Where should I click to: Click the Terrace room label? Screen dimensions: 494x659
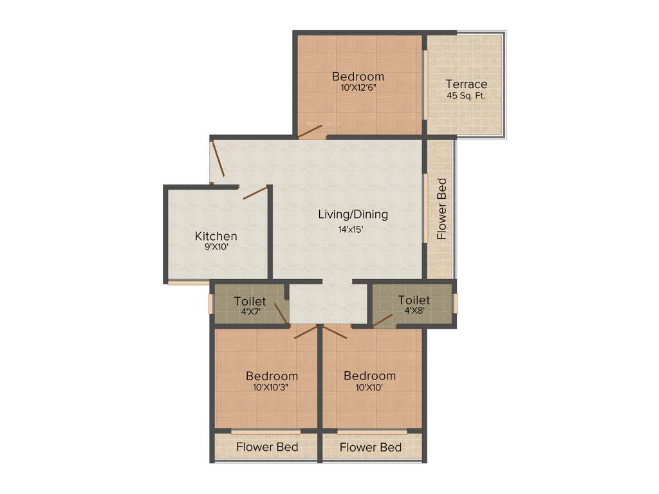coord(467,84)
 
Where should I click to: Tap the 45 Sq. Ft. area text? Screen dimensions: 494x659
coord(467,96)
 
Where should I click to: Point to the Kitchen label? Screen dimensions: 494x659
coord(216,236)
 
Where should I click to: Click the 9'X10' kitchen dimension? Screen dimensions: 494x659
coord(216,248)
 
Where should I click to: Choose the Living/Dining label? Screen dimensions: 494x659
coord(353,214)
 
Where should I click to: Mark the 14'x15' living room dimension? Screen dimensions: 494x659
coord(353,227)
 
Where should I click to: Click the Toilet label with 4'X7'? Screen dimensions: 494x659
coord(250,301)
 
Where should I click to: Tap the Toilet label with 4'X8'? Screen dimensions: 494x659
coord(414,300)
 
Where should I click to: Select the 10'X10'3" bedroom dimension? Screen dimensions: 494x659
coord(272,387)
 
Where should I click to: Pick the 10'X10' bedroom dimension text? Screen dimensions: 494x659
coord(369,387)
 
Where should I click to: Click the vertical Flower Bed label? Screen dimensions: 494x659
coord(442,208)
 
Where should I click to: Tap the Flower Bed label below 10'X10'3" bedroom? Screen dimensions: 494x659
coord(267,446)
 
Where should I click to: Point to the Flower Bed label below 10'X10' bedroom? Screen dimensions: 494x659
coord(371,446)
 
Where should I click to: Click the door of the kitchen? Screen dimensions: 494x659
coord(255,192)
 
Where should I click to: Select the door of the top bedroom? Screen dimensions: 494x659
coord(310,131)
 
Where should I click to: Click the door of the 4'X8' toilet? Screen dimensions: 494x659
coord(382,320)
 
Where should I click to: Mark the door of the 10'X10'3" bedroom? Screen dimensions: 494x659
coord(306,332)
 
